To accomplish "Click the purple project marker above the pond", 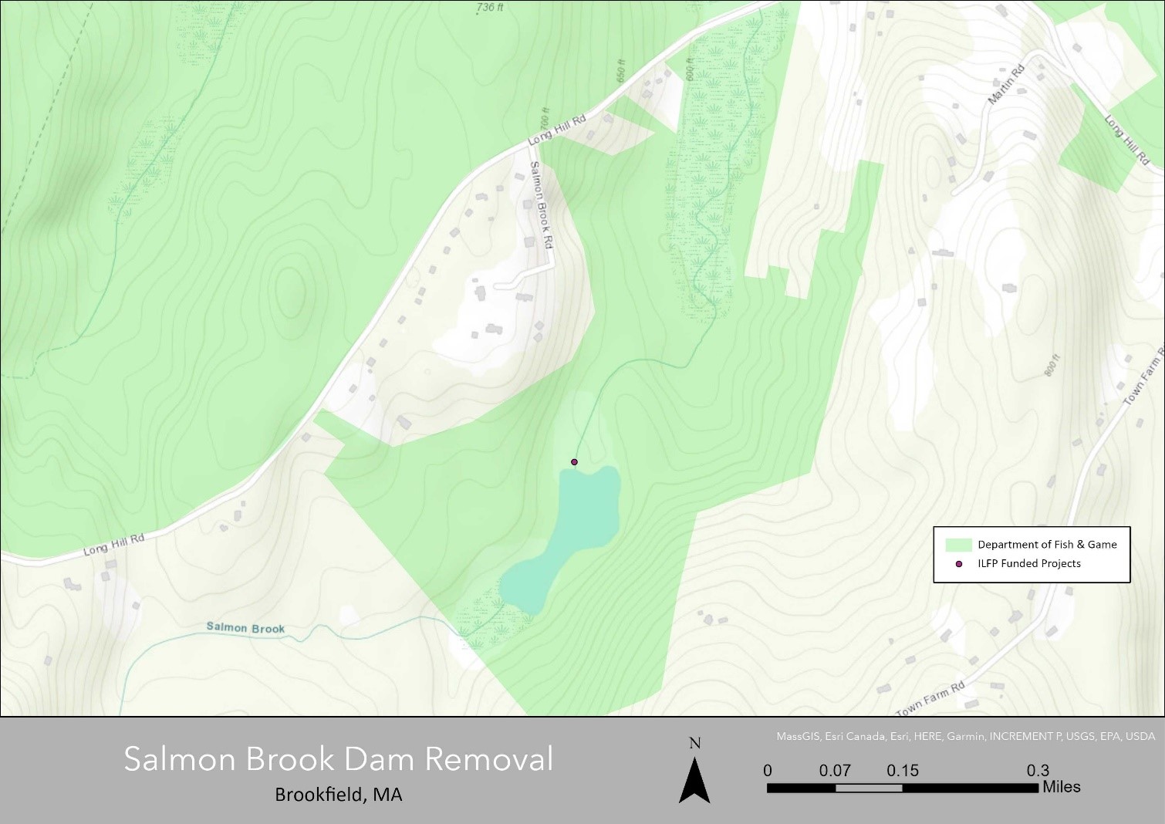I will [574, 462].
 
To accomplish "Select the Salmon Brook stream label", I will [245, 628].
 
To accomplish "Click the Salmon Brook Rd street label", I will [542, 204].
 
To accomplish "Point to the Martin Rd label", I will [1006, 85].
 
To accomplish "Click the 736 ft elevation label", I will [490, 8].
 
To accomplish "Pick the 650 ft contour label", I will [621, 71].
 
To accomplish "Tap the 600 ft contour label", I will [690, 69].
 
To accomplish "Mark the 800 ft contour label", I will [1052, 365].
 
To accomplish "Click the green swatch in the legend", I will [957, 545].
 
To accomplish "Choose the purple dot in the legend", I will [959, 564].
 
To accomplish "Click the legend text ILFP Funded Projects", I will [1028, 564].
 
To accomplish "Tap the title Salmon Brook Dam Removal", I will [339, 759].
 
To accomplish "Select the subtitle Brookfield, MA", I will [339, 795].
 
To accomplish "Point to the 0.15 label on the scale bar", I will [903, 771].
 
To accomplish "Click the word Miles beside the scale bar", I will [1061, 787].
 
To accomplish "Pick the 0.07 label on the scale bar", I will [835, 771].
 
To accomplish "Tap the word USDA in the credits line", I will [1140, 737].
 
